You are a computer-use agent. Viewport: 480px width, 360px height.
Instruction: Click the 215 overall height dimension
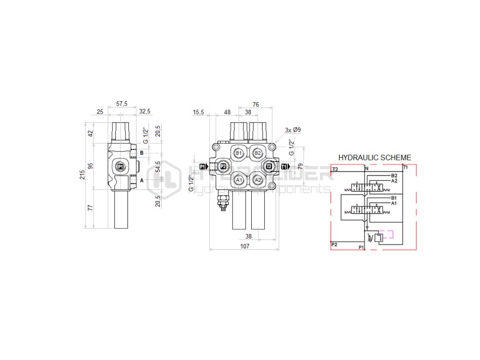coord(82,175)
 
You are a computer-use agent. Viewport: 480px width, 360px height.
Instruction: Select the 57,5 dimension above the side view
coord(122,104)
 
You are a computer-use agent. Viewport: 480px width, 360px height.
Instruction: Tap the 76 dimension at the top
coord(255,104)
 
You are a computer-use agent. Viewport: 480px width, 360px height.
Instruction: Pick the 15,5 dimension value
coord(198,112)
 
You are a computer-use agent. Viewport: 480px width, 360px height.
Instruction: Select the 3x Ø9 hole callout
coord(292,130)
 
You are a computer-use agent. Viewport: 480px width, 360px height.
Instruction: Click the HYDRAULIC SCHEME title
coord(375,158)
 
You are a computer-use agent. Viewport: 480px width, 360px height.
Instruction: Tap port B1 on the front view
coord(239,153)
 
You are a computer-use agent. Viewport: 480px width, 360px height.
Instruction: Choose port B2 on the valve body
coord(257,153)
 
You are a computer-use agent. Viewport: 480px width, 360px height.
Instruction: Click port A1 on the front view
coord(239,180)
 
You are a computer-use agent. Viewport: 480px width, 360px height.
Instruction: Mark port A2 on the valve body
coord(257,180)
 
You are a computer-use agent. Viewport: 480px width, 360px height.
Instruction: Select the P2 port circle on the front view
coord(223,166)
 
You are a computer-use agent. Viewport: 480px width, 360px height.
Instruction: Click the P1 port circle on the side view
coord(120,166)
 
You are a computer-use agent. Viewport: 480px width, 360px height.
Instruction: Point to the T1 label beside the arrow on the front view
coord(285,166)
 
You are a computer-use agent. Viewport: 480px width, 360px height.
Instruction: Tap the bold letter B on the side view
coord(142,153)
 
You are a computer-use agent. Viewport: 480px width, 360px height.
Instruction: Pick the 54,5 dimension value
coord(158,166)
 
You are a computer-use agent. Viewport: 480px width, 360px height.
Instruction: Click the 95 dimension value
coord(91,165)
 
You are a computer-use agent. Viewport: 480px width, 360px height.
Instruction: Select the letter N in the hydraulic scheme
coord(367,168)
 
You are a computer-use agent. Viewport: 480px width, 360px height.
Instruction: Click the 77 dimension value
coord(91,208)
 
